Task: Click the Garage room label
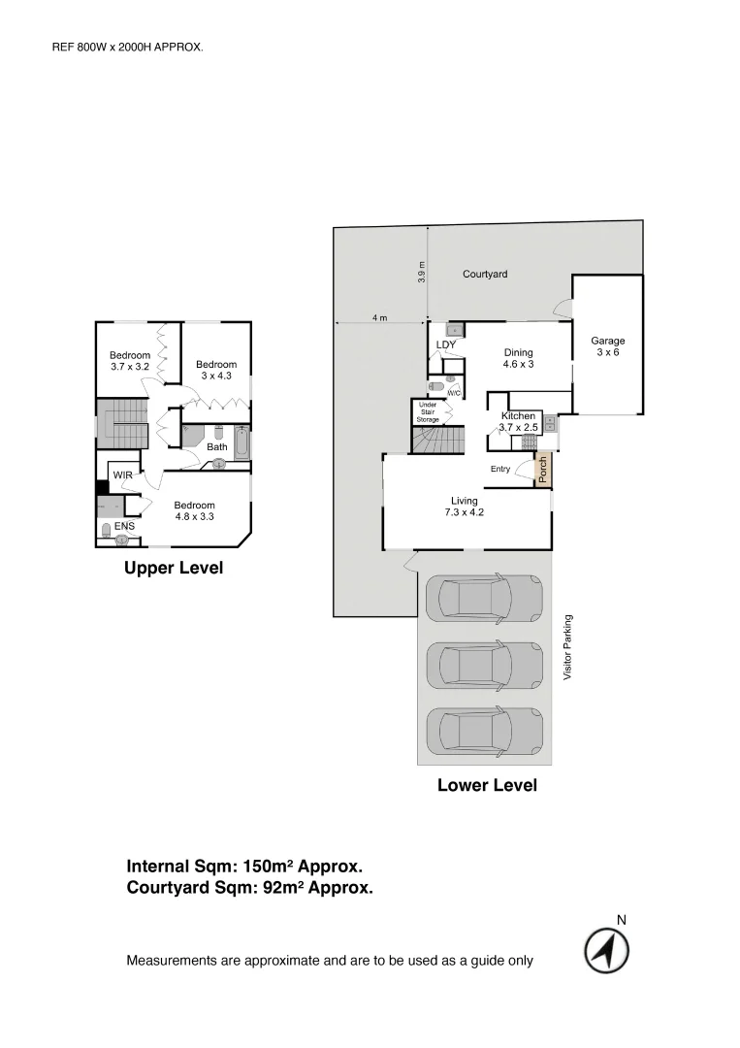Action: coord(608,346)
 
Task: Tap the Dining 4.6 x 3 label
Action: coord(518,358)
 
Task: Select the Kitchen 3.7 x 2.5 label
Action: coord(518,421)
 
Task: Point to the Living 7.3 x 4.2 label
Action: coord(464,507)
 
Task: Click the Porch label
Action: coord(543,470)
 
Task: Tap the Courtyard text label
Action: coord(484,275)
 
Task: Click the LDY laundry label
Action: coord(446,344)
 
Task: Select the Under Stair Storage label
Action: coord(428,411)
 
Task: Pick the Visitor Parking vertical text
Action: coord(568,646)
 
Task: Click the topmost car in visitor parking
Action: coord(483,597)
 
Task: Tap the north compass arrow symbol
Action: coord(606,951)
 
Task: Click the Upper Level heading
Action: coord(174,569)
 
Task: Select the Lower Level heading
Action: coord(487,785)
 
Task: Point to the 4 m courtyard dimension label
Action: coord(379,317)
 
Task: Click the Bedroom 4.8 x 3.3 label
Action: coord(194,510)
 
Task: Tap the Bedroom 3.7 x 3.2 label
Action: coord(129,360)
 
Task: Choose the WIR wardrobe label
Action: coord(122,475)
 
